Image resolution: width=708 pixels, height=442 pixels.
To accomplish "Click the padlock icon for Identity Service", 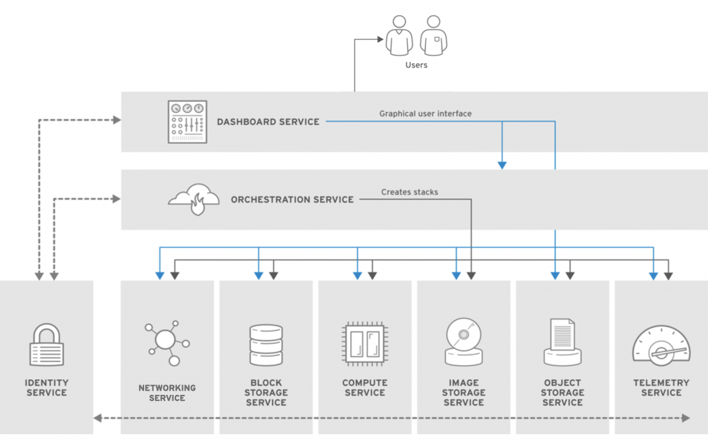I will (47, 345).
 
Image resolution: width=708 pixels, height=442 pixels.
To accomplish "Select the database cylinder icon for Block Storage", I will (266, 345).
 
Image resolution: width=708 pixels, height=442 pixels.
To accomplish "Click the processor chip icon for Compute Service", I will (364, 343).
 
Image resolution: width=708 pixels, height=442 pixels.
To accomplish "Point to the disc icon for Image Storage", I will (464, 342).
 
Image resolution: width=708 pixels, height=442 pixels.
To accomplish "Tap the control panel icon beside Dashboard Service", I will (187, 122).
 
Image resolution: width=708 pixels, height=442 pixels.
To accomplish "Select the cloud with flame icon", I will (194, 199).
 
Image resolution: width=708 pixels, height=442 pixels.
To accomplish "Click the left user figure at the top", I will (399, 36).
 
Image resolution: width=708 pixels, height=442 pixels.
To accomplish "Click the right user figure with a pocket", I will (433, 36).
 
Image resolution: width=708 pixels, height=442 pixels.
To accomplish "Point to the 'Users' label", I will (416, 65).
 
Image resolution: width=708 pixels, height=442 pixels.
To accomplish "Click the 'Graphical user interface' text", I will (425, 114).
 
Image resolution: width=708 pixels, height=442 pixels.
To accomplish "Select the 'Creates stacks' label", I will (410, 192).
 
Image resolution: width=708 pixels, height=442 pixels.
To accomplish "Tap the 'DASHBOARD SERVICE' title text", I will (268, 122).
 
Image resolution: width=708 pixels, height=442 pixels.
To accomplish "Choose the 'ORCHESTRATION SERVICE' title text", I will (292, 200).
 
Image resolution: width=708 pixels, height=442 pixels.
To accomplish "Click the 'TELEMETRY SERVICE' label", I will (661, 388).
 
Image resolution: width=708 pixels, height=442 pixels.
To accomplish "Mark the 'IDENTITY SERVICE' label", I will (47, 388).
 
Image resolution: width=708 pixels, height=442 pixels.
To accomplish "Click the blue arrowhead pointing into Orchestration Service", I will (502, 164).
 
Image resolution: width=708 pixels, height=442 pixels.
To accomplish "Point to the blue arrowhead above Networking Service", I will (160, 276).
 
